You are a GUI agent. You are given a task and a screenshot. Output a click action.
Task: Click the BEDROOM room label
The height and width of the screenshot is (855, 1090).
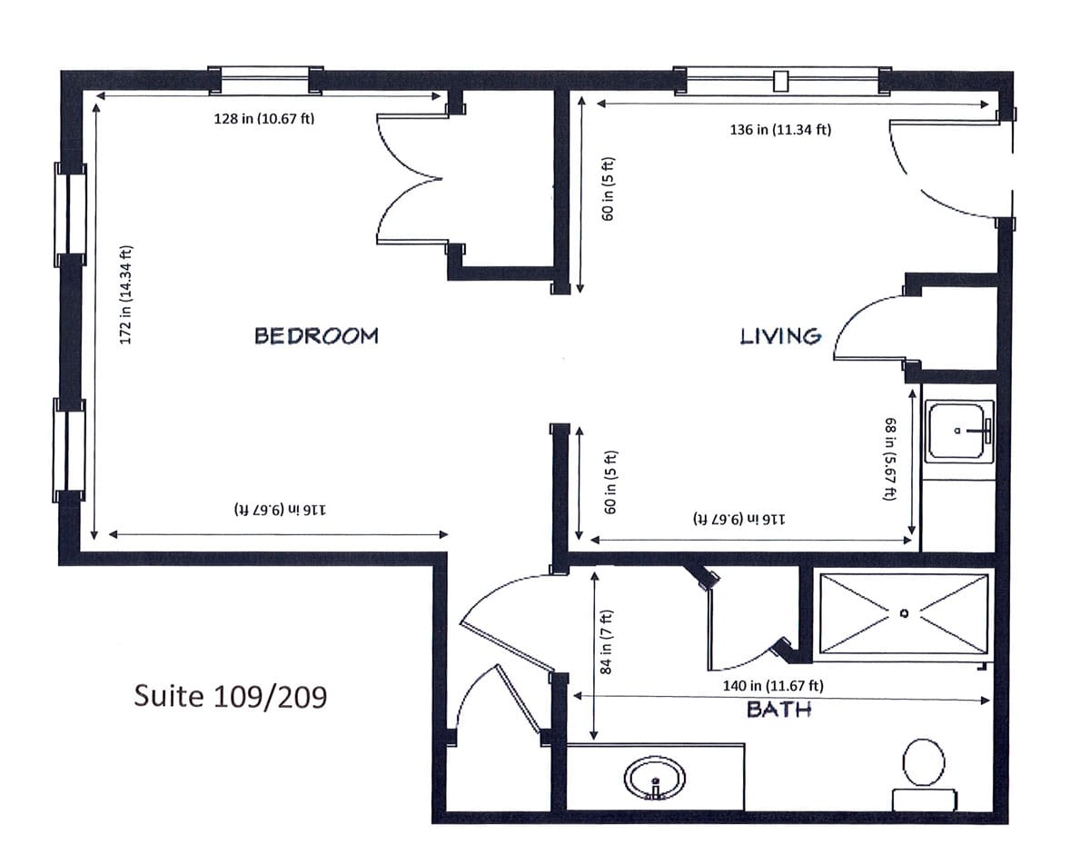316,335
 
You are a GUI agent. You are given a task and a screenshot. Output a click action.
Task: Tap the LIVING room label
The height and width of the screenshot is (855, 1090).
780,336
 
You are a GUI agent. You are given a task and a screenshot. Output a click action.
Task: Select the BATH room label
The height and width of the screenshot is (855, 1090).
779,710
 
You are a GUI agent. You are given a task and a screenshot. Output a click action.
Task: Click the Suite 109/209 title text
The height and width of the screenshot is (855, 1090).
230,696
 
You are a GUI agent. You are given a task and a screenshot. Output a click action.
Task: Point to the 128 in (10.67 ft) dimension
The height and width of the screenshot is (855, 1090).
264,119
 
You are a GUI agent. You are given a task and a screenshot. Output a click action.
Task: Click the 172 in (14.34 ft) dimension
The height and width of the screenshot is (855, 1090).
125,294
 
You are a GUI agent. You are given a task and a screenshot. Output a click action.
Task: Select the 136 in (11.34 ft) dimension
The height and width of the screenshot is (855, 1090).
780,130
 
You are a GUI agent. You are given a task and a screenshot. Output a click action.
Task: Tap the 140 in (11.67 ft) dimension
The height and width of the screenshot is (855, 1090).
773,685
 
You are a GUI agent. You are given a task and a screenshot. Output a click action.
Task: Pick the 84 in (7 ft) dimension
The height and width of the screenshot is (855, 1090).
606,641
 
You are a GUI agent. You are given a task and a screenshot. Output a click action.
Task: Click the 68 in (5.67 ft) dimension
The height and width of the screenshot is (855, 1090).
890,459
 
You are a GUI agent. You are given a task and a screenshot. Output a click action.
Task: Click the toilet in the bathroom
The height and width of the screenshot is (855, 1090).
925,775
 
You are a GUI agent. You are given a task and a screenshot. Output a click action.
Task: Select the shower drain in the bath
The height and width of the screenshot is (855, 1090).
905,613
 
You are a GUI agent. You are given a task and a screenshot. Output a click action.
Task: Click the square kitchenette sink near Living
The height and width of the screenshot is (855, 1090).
959,431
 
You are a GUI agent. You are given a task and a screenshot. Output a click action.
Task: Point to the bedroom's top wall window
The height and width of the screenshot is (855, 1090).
265,80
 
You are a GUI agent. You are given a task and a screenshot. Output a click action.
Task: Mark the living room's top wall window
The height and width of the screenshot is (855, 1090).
782,80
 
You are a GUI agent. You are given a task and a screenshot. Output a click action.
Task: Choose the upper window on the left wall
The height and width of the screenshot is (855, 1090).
70,214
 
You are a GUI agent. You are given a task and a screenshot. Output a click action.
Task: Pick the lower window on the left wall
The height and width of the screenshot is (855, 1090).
69,451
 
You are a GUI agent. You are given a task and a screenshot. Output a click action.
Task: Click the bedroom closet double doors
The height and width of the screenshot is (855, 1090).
411,179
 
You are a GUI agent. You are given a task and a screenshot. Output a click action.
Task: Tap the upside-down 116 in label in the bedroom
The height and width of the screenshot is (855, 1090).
280,510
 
